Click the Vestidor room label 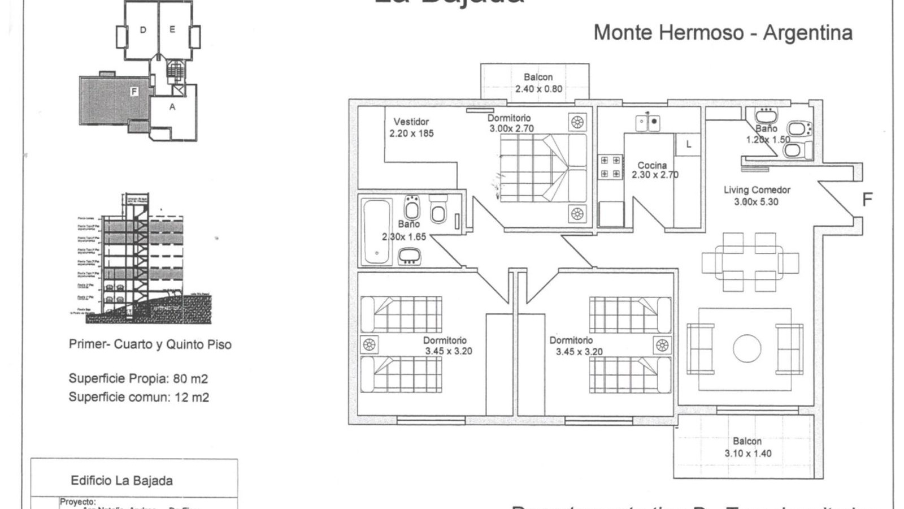tap(411, 122)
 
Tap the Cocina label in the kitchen tap(652, 165)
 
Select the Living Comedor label tap(757, 190)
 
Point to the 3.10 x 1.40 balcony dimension tap(747, 454)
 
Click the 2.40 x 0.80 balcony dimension tap(538, 89)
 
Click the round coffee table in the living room tap(747, 348)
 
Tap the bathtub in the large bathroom tap(377, 232)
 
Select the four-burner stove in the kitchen tap(610, 167)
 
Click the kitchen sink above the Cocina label tap(647, 122)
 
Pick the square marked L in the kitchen tap(688, 144)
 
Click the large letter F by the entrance tap(867, 200)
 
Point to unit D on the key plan tap(143, 30)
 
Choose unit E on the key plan tap(172, 29)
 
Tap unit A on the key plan tap(172, 107)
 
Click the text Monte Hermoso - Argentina tap(723, 33)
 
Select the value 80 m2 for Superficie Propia tap(190, 378)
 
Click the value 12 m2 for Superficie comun tap(192, 398)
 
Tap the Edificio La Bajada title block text tap(121, 481)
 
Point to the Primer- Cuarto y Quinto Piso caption tap(150, 344)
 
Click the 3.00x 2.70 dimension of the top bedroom tap(511, 128)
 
